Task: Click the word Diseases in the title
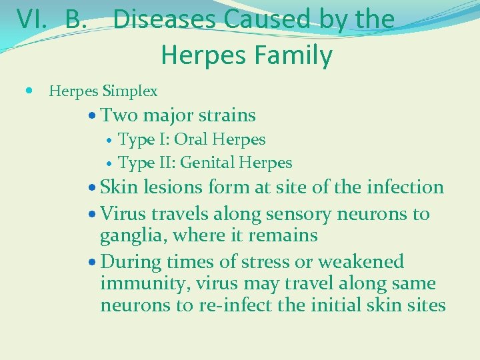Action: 166,19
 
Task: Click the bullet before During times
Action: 93,262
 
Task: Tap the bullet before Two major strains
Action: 93,116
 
